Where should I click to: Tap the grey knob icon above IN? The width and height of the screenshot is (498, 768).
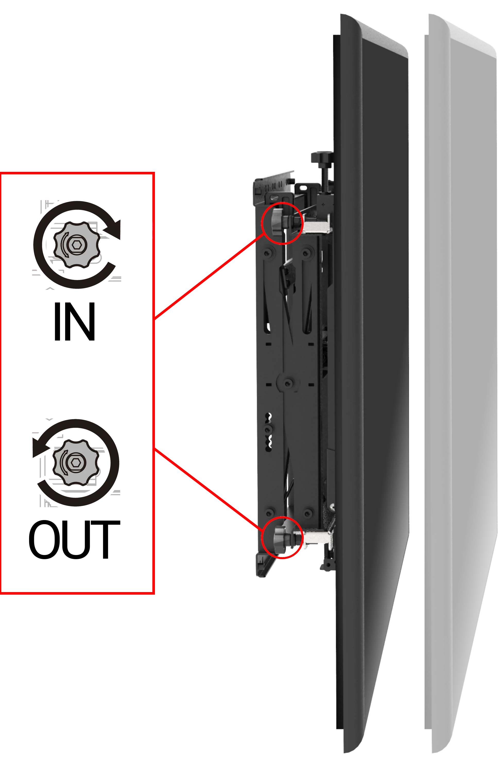tap(76, 245)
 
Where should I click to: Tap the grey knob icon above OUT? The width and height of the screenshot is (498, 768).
tap(76, 462)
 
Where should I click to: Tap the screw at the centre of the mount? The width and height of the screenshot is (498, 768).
tap(288, 383)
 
